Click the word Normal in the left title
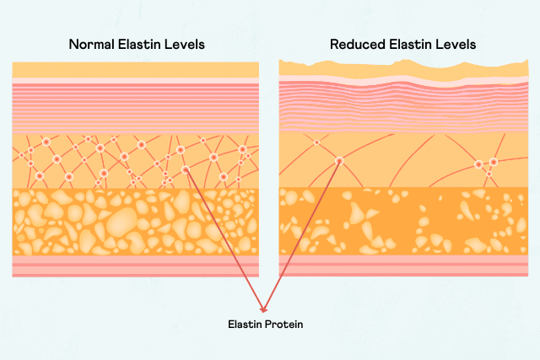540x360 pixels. pyautogui.click(x=92, y=45)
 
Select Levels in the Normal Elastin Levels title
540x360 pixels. pyautogui.click(x=185, y=45)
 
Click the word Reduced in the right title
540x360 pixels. pyautogui.click(x=358, y=45)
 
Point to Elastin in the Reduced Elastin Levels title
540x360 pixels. pyautogui.click(x=410, y=45)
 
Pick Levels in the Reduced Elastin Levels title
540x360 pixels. pyautogui.click(x=456, y=45)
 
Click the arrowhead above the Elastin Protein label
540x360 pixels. pyautogui.click(x=263, y=309)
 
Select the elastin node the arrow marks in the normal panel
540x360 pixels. pyautogui.click(x=186, y=169)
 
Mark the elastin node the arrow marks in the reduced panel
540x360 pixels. pyautogui.click(x=339, y=161)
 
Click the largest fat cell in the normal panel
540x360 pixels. pyautogui.click(x=121, y=223)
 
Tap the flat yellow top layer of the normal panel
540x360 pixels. pyautogui.click(x=136, y=70)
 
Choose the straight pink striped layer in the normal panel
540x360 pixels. pyautogui.click(x=136, y=108)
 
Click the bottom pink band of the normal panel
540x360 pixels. pyautogui.click(x=136, y=266)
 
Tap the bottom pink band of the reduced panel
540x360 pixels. pyautogui.click(x=403, y=266)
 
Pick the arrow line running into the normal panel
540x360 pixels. pyautogui.click(x=224, y=240)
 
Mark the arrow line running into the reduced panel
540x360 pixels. pyautogui.click(x=301, y=236)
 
